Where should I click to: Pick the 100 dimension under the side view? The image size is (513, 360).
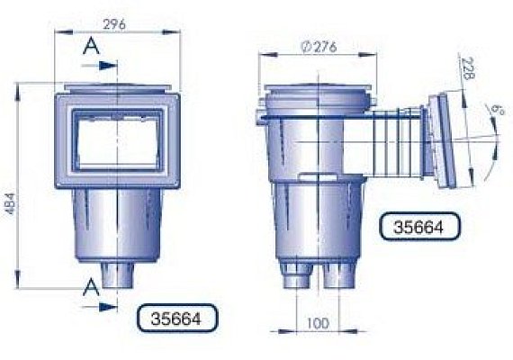[x=316, y=322]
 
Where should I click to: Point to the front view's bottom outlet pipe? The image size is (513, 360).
[x=116, y=274]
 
